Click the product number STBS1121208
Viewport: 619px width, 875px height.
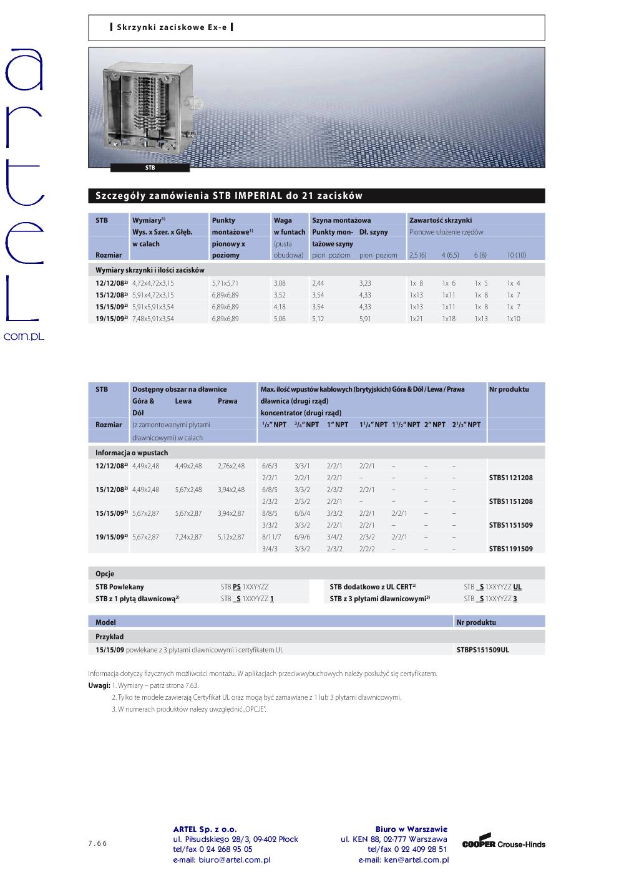coord(510,478)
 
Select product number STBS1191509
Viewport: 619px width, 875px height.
coord(510,549)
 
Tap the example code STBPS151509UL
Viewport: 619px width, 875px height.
coord(482,650)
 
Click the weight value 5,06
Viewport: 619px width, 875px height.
coord(280,319)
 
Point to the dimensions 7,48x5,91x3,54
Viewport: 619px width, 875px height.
coord(153,319)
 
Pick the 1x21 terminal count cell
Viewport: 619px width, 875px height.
coord(416,319)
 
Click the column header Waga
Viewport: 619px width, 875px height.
coord(282,220)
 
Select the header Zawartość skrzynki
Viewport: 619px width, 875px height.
coord(441,220)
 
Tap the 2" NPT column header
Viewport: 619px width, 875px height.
coord(435,425)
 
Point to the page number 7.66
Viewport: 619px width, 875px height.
coord(97,844)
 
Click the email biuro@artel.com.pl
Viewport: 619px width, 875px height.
coord(222,860)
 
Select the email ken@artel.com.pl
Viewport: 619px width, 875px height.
coord(404,860)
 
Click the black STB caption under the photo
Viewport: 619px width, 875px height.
coord(150,168)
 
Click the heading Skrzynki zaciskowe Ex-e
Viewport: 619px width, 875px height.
coord(172,27)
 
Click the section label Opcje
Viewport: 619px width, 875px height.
coord(105,574)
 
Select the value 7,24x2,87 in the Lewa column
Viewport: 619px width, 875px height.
coord(188,537)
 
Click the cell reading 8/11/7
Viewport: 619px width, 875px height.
coord(271,537)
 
